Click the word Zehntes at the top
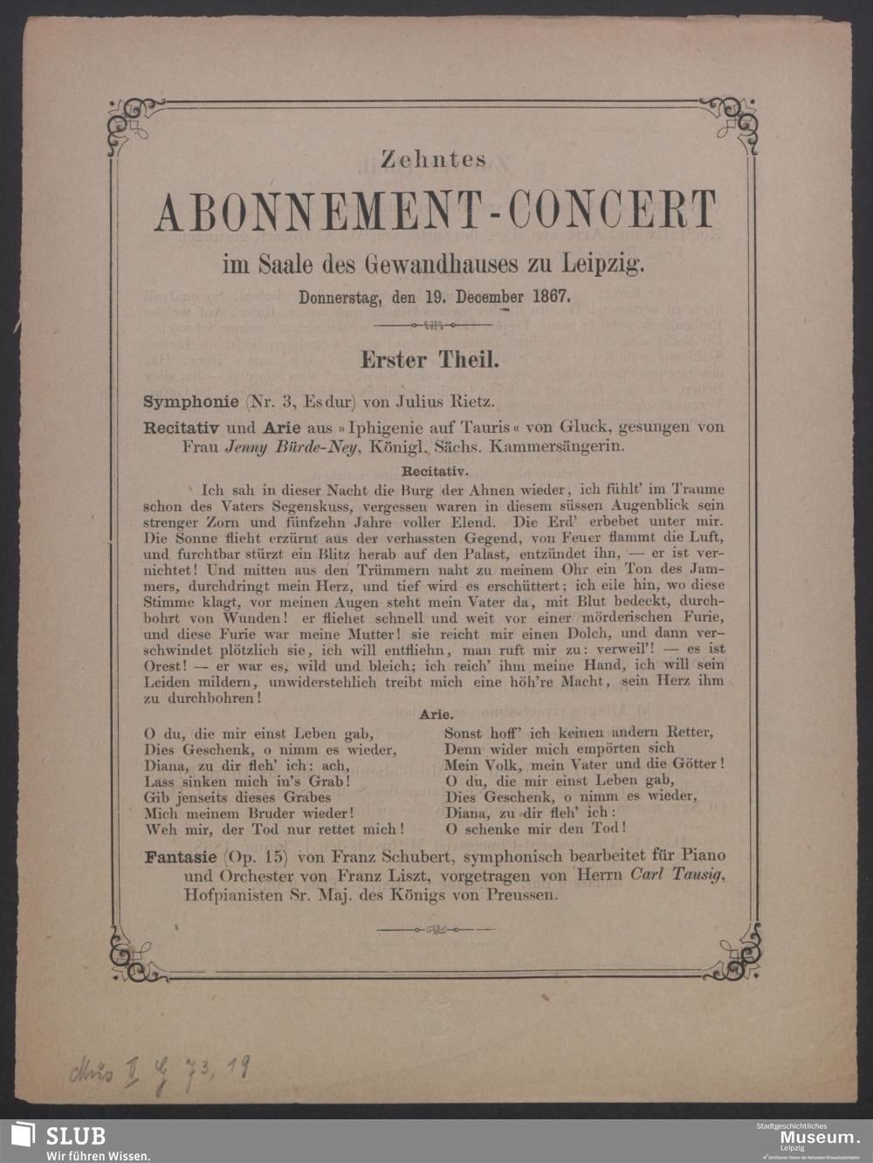433,159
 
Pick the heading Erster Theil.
430,359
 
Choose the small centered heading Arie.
436,714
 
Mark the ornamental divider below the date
433,325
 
